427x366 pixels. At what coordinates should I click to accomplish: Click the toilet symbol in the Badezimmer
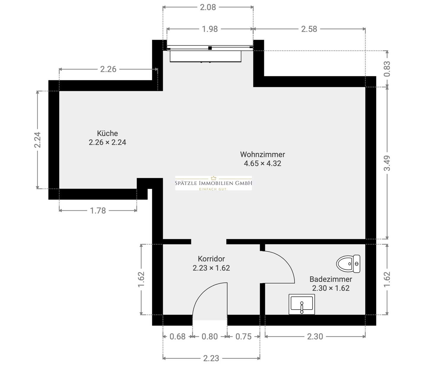click(348, 264)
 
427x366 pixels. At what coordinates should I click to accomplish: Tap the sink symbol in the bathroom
click(302, 305)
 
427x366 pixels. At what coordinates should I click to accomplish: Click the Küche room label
click(107, 133)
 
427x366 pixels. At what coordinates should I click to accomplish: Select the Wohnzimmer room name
click(262, 154)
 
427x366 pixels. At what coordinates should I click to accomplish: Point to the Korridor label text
click(211, 259)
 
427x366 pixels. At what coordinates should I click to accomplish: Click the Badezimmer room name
click(331, 279)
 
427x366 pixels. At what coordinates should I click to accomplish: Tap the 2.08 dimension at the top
click(208, 7)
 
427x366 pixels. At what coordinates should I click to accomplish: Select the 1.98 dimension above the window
click(210, 29)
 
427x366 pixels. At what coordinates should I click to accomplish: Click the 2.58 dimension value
click(309, 29)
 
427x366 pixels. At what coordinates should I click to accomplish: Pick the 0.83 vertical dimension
click(387, 69)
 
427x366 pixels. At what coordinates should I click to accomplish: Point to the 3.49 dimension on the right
click(387, 163)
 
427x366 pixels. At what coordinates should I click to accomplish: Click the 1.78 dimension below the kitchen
click(98, 211)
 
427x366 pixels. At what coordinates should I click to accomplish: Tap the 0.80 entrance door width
click(210, 337)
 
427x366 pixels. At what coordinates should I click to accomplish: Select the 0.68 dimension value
click(177, 337)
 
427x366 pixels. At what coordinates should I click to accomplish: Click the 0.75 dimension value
click(243, 337)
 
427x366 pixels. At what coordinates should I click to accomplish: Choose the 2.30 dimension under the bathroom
click(315, 337)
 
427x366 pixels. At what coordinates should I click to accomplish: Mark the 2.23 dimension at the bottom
click(211, 358)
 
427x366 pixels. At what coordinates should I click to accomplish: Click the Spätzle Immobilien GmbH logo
click(213, 183)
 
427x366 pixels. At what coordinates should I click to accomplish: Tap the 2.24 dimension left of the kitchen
click(37, 140)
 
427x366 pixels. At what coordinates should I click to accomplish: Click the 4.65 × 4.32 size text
click(262, 163)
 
